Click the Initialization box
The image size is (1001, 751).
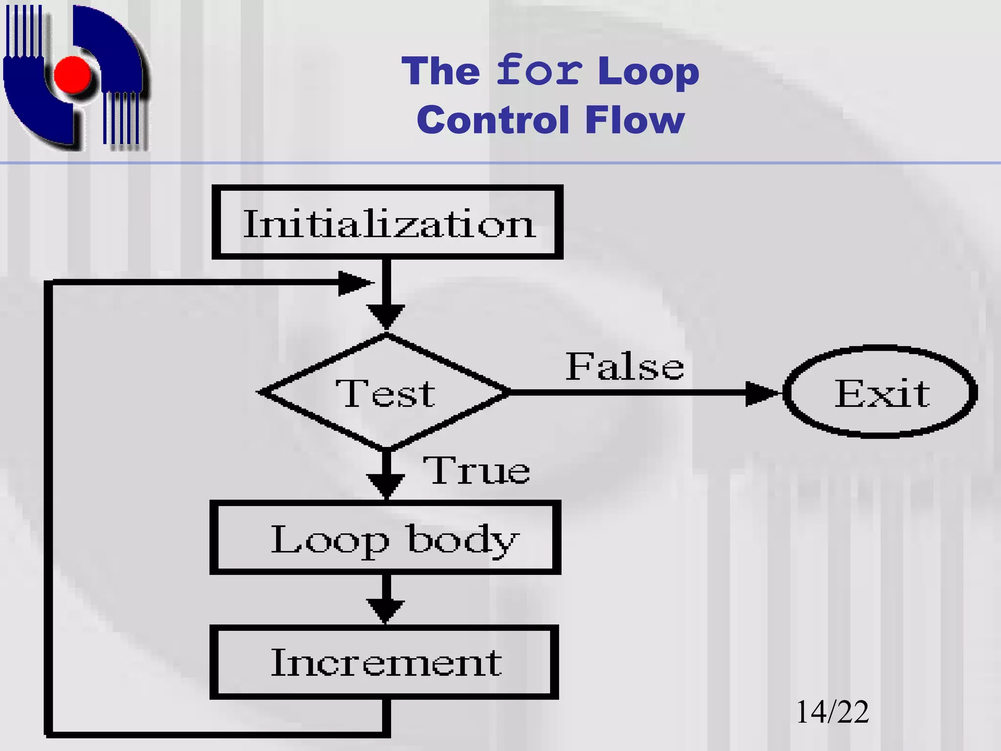pos(387,222)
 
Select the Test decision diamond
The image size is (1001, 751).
pos(386,392)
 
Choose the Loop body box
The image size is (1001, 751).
pos(385,537)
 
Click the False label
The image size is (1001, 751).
pos(625,367)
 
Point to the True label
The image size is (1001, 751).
pos(476,470)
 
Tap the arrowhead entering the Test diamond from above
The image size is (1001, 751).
pos(386,316)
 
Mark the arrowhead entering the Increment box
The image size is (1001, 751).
pos(386,611)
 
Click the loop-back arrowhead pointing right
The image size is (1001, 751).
pos(354,283)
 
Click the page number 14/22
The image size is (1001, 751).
pos(832,712)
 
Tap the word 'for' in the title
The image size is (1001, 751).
pos(539,71)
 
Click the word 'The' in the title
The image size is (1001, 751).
pos(441,71)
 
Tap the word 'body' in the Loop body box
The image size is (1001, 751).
pos(462,540)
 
